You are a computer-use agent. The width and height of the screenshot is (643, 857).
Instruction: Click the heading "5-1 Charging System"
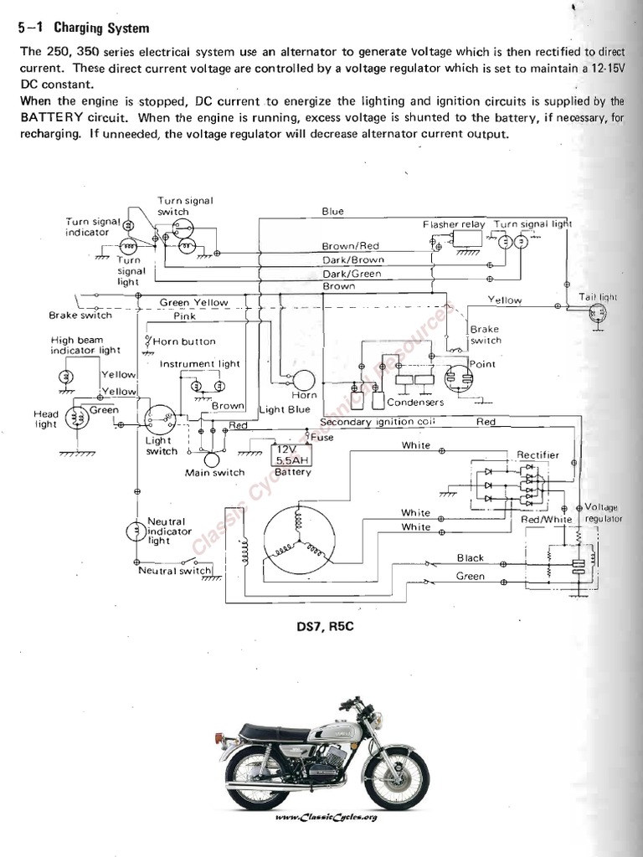pyautogui.click(x=84, y=28)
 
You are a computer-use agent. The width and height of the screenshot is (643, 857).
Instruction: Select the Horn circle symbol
pyautogui.click(x=301, y=381)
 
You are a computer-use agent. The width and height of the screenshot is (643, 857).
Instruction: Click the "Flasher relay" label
pyautogui.click(x=453, y=224)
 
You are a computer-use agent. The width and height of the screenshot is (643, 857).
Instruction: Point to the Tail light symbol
pyautogui.click(x=598, y=314)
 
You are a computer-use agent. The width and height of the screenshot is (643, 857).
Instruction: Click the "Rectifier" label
pyautogui.click(x=538, y=454)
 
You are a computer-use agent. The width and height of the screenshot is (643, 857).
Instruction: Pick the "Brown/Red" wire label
pyautogui.click(x=351, y=246)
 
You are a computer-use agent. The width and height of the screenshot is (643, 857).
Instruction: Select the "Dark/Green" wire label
pyautogui.click(x=352, y=274)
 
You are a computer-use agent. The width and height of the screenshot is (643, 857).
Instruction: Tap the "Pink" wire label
pyautogui.click(x=184, y=316)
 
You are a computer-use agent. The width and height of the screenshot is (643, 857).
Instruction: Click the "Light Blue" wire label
pyautogui.click(x=285, y=409)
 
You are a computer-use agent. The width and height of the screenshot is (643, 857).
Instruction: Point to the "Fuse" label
pyautogui.click(x=321, y=437)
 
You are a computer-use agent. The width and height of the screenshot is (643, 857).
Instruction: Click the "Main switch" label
pyautogui.click(x=214, y=472)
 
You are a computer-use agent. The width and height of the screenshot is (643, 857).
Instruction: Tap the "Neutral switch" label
pyautogui.click(x=175, y=571)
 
